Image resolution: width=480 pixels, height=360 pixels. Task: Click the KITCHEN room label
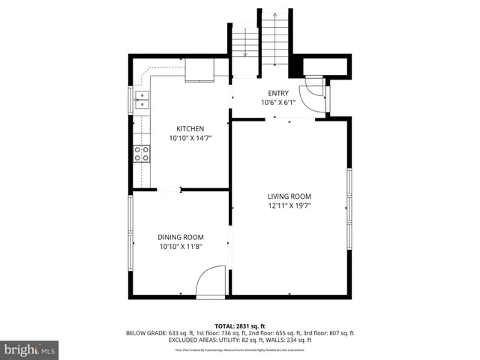pos(190,128)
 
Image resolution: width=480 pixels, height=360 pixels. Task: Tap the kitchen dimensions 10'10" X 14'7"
pos(190,138)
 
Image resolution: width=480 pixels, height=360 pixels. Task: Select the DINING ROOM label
pos(180,236)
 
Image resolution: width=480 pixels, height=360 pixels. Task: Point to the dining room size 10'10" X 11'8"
pos(180,246)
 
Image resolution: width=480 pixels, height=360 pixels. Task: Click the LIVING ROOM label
pos(289,196)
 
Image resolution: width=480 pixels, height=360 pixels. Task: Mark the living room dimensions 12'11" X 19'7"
pos(289,205)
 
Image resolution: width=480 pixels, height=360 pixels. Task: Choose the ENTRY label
pos(278,93)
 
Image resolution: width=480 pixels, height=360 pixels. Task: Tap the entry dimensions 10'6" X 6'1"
pos(278,103)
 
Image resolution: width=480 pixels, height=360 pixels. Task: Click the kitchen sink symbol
pos(142,100)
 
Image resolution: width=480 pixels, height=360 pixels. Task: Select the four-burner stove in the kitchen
pos(141,154)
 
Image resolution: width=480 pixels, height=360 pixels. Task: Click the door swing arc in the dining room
pos(211,280)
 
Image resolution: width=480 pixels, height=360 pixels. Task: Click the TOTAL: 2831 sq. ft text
pos(240,325)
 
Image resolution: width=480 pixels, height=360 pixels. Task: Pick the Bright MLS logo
pos(30,349)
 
